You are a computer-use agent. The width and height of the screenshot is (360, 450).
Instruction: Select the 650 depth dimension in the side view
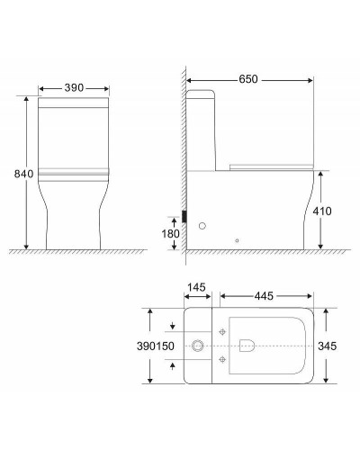pos(249,80)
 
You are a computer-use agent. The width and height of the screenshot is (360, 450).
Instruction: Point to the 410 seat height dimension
pos(334,211)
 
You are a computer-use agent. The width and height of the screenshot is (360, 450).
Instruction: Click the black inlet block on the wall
pos(184,217)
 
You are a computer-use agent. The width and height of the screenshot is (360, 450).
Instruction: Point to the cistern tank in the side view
pos(202,126)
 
